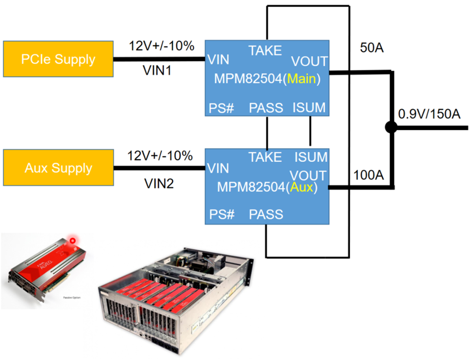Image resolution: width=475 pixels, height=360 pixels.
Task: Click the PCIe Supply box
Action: [58, 60]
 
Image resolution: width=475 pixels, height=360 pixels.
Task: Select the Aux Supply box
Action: [58, 168]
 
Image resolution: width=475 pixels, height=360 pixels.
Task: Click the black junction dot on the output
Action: [391, 127]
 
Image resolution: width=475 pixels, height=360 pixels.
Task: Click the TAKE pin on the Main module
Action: [265, 51]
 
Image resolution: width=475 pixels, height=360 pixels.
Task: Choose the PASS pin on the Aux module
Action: [266, 214]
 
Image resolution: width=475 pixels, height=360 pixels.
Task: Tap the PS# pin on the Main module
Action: [222, 108]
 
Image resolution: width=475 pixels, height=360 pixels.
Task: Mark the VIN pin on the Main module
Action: [217, 60]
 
